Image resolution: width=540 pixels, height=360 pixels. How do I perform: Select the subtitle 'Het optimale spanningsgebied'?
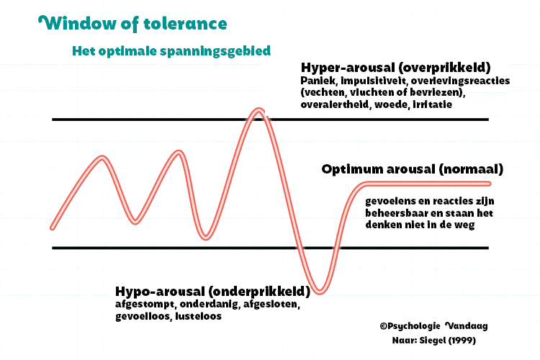pos(171,52)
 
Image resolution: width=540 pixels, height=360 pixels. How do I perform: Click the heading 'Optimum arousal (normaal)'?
pos(412,170)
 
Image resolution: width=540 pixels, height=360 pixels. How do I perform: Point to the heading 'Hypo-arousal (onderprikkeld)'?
pos(212,292)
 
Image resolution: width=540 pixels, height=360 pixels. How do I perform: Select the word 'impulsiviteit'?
pos(368,81)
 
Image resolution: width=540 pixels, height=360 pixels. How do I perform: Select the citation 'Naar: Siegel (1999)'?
pos(433,340)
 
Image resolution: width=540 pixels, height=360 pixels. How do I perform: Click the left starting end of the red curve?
pos(53,227)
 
